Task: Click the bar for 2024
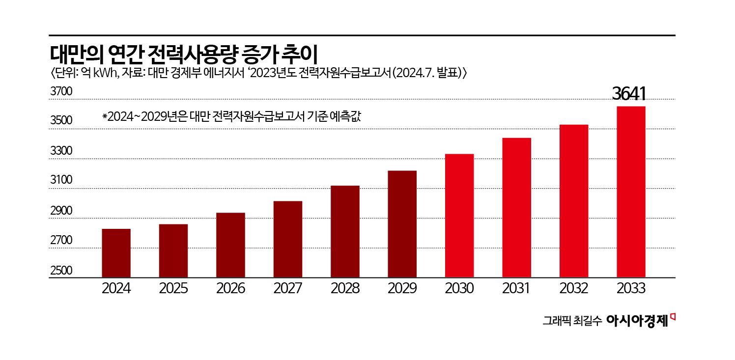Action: pyautogui.click(x=116, y=253)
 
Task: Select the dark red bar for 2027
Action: pyautogui.click(x=288, y=239)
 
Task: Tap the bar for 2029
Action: pyautogui.click(x=402, y=224)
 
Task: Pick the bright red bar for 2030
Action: pyautogui.click(x=459, y=216)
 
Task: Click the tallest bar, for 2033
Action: pyautogui.click(x=631, y=192)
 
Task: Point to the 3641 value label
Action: pyautogui.click(x=628, y=94)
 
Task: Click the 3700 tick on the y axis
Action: pyautogui.click(x=61, y=92)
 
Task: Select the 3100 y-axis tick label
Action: pyautogui.click(x=61, y=181)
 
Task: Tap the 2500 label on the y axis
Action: pyautogui.click(x=61, y=271)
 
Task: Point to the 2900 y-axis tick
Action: pyautogui.click(x=61, y=211)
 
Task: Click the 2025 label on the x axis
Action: pyautogui.click(x=173, y=288)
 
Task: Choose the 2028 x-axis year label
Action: pyautogui.click(x=345, y=288)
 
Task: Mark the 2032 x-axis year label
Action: pyautogui.click(x=573, y=288)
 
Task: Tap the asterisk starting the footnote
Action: pyautogui.click(x=105, y=117)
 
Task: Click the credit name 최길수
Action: pyautogui.click(x=588, y=322)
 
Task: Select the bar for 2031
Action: pyautogui.click(x=516, y=208)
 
